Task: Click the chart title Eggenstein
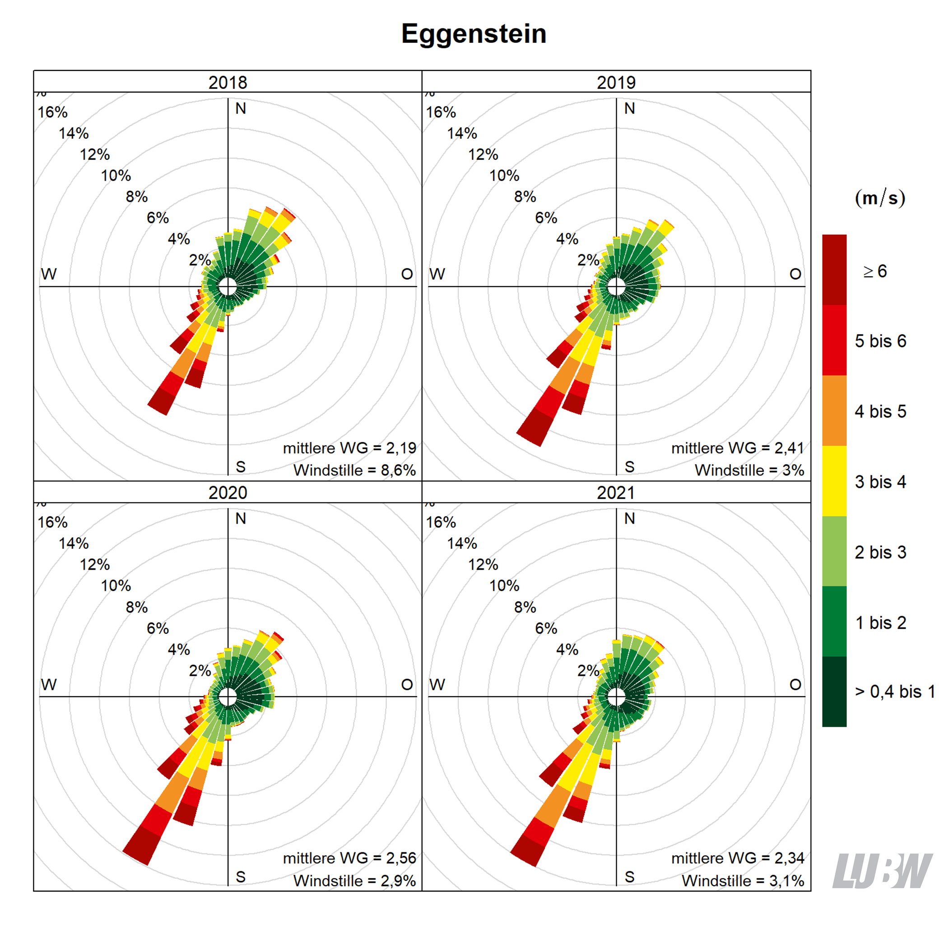click(474, 34)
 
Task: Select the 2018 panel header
click(228, 82)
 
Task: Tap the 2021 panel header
click(616, 492)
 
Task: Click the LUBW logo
click(882, 871)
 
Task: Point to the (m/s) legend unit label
click(880, 198)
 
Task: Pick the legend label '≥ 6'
click(875, 271)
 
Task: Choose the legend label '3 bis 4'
click(880, 482)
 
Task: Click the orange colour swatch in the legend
click(834, 410)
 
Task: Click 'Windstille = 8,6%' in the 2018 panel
click(354, 470)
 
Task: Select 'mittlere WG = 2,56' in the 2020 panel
click(349, 858)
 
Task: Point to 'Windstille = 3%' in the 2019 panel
click(749, 470)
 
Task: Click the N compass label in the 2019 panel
click(630, 108)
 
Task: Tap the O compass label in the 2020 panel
click(407, 684)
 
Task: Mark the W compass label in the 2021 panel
click(437, 684)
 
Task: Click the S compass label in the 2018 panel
click(241, 467)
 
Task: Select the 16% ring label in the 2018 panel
click(52, 112)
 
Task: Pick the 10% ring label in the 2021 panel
click(504, 586)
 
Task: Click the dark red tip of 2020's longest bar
click(141, 846)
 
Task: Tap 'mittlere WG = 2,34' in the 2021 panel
click(738, 858)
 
